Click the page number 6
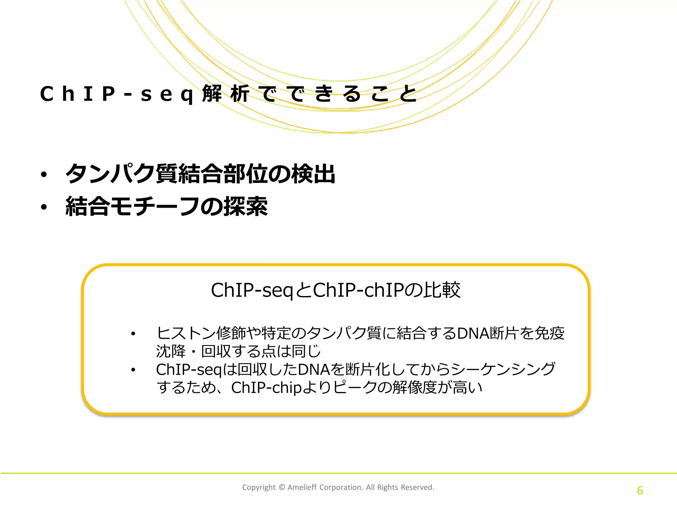coord(640,490)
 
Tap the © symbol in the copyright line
coord(282,487)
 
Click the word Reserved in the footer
coord(417,487)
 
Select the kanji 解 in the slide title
coord(212,94)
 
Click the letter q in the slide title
coord(187,95)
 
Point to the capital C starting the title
coord(47,94)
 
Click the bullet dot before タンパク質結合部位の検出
coord(44,174)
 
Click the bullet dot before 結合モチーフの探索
coord(44,207)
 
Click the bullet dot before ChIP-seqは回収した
coord(133,370)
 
